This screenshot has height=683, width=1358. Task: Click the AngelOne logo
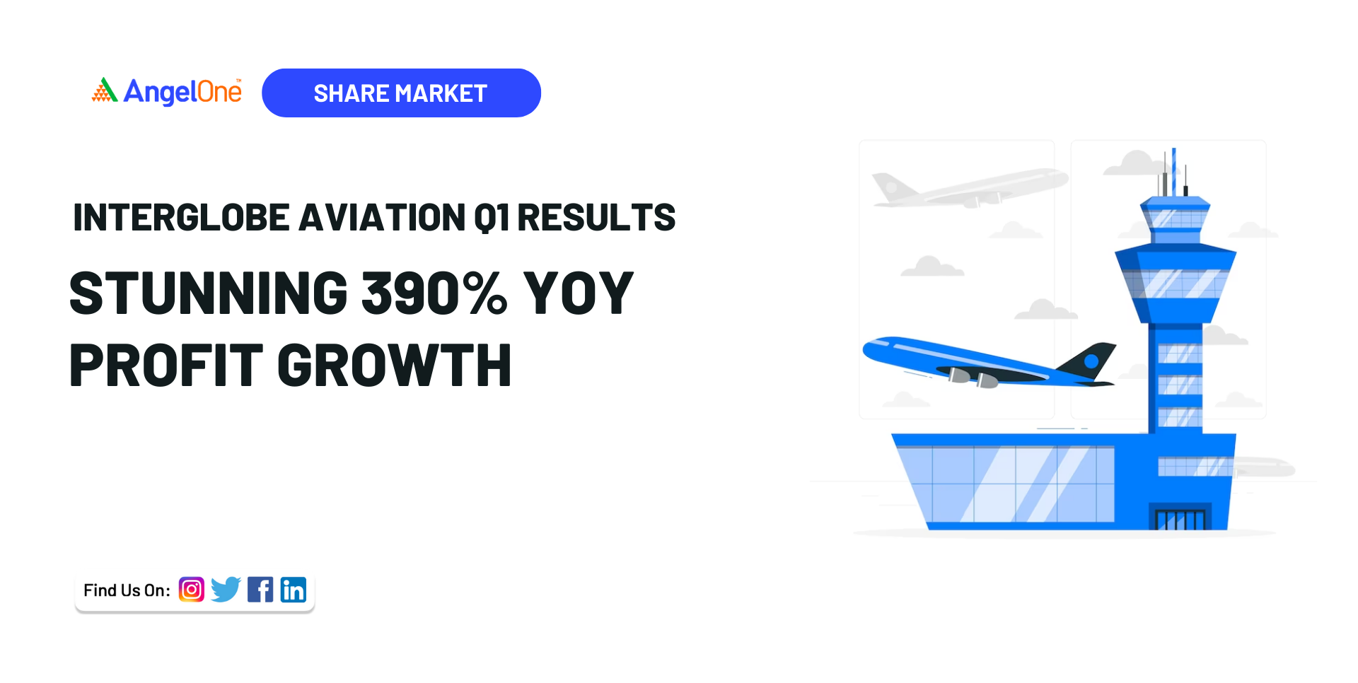pyautogui.click(x=167, y=92)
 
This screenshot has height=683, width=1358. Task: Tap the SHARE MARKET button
pyautogui.click(x=401, y=93)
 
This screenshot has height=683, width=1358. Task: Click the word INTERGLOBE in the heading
pyautogui.click(x=182, y=218)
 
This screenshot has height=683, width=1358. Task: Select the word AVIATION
pyautogui.click(x=381, y=218)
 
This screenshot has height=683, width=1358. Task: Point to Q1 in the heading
pyautogui.click(x=492, y=218)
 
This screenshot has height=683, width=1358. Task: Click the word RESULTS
pyautogui.click(x=596, y=218)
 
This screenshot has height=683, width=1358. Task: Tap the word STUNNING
pyautogui.click(x=209, y=293)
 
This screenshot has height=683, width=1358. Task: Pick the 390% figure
pyautogui.click(x=434, y=293)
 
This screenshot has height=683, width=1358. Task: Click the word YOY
pyautogui.click(x=578, y=293)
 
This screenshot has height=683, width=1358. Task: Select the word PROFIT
pyautogui.click(x=166, y=366)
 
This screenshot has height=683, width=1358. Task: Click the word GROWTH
pyautogui.click(x=394, y=366)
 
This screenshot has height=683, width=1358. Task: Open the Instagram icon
pyautogui.click(x=192, y=590)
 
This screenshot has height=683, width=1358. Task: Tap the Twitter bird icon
pyautogui.click(x=226, y=589)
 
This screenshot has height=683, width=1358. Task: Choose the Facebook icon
pyautogui.click(x=260, y=590)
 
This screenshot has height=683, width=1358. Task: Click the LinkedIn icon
pyautogui.click(x=294, y=590)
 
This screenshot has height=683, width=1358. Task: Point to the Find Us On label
pyautogui.click(x=127, y=590)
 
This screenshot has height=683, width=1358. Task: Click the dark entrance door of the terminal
pyautogui.click(x=1180, y=518)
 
